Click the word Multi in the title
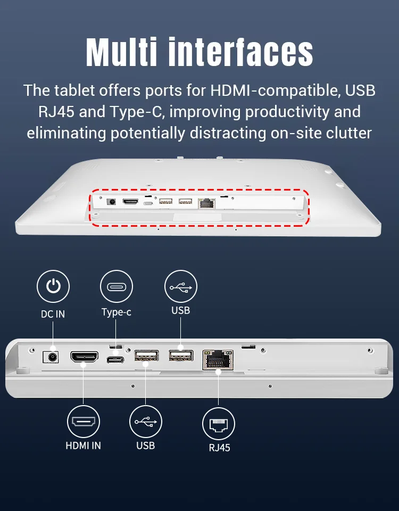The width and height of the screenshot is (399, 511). (x=122, y=52)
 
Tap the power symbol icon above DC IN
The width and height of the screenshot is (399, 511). (x=53, y=286)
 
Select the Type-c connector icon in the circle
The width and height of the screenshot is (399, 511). (x=117, y=286)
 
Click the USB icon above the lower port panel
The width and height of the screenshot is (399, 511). (x=181, y=286)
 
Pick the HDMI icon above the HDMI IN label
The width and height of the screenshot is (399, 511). (x=84, y=422)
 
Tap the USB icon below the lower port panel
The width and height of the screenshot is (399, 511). (x=146, y=422)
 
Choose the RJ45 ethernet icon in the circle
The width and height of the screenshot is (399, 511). (x=219, y=424)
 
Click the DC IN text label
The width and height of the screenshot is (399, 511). (x=53, y=314)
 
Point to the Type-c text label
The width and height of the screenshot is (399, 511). (x=117, y=312)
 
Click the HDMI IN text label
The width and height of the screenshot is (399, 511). (x=84, y=446)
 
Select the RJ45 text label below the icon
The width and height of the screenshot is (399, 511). (x=220, y=448)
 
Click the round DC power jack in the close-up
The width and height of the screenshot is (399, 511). (x=51, y=357)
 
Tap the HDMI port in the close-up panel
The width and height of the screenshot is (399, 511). (x=85, y=357)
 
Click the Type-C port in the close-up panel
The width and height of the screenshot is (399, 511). (x=115, y=360)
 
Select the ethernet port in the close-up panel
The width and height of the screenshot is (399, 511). (x=218, y=360)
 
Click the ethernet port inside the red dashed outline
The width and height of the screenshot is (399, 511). (x=206, y=203)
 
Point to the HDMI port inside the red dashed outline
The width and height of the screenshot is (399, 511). (x=130, y=201)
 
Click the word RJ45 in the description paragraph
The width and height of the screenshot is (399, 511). (x=56, y=112)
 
